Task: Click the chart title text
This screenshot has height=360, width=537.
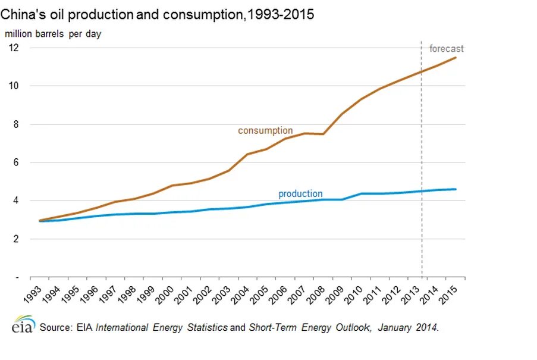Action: pyautogui.click(x=157, y=15)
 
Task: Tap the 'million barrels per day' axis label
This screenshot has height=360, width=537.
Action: pyautogui.click(x=54, y=34)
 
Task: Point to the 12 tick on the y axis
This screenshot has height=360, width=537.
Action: pyautogui.click(x=14, y=48)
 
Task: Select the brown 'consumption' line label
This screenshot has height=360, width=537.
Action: pyautogui.click(x=265, y=130)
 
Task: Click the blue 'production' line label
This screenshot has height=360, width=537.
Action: pyautogui.click(x=300, y=194)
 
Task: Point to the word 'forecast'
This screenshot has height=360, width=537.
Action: pyautogui.click(x=446, y=49)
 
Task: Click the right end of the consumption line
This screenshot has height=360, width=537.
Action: pyautogui.click(x=456, y=58)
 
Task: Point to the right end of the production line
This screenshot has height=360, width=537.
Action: pyautogui.click(x=456, y=189)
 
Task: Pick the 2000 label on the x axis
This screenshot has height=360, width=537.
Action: pyautogui.click(x=168, y=295)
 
